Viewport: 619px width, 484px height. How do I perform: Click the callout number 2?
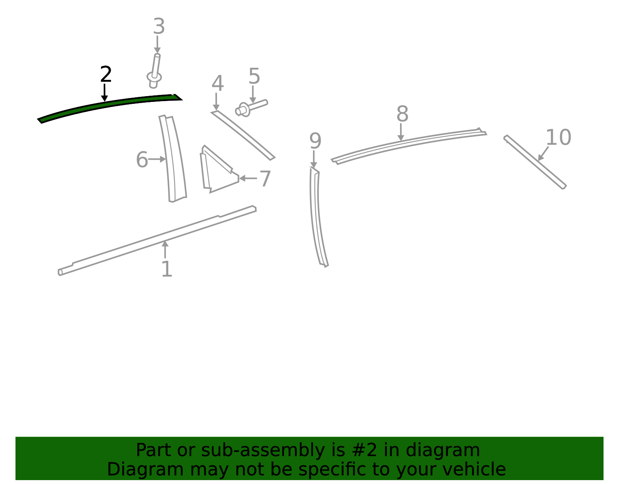[x=106, y=74]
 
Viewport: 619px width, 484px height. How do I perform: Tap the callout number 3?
[x=159, y=26]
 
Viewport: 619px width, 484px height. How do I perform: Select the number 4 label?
[x=218, y=83]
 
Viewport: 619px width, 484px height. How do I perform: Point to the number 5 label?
[x=254, y=76]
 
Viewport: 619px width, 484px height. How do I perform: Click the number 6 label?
[x=142, y=159]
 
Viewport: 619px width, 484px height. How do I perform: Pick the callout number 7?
[x=265, y=179]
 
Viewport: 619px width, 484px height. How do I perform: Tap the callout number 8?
[x=402, y=114]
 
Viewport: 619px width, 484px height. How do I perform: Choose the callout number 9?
[x=315, y=141]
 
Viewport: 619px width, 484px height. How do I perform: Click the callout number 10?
[x=558, y=137]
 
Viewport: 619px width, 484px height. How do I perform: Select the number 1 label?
[x=167, y=269]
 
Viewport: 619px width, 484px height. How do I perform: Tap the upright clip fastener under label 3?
[x=154, y=71]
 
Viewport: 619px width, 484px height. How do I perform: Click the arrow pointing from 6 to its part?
[x=157, y=159]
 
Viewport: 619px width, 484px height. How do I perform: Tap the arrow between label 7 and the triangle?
[x=248, y=179]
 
